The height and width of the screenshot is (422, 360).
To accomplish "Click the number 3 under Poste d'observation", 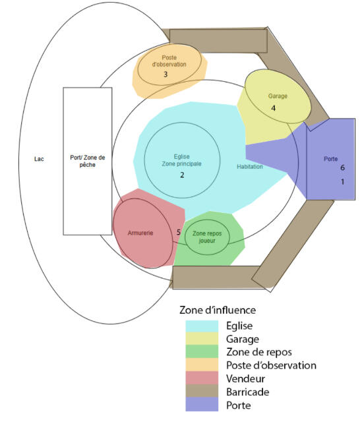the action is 165,74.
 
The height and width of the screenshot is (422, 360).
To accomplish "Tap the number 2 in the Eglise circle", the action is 182,175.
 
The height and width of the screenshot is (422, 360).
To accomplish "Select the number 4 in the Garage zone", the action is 274,108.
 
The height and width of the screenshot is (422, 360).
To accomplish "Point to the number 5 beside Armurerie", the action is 179,232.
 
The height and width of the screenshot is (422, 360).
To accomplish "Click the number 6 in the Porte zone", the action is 342,167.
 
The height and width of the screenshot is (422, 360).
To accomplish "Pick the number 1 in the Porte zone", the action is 342,182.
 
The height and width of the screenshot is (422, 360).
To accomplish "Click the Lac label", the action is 39,159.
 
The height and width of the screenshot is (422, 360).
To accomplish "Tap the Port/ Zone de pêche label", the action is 88,161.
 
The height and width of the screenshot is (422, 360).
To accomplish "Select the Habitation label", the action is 250,167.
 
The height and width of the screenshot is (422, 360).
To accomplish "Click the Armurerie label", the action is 140,233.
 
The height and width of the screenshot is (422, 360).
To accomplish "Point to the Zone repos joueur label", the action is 207,237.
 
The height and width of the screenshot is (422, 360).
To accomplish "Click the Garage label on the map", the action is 278,96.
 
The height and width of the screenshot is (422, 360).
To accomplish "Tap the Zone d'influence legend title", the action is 218,310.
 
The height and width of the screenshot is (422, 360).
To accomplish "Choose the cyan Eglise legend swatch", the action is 202,326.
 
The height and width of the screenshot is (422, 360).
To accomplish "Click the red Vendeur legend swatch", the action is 202,378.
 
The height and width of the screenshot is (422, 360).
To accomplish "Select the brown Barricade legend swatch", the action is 202,391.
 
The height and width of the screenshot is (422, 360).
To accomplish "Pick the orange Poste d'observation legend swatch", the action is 202,365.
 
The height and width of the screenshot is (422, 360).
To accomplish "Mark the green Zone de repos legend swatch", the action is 202,351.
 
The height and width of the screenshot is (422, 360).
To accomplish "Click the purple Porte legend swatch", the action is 202,404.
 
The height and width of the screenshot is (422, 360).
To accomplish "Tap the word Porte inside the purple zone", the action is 331,159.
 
